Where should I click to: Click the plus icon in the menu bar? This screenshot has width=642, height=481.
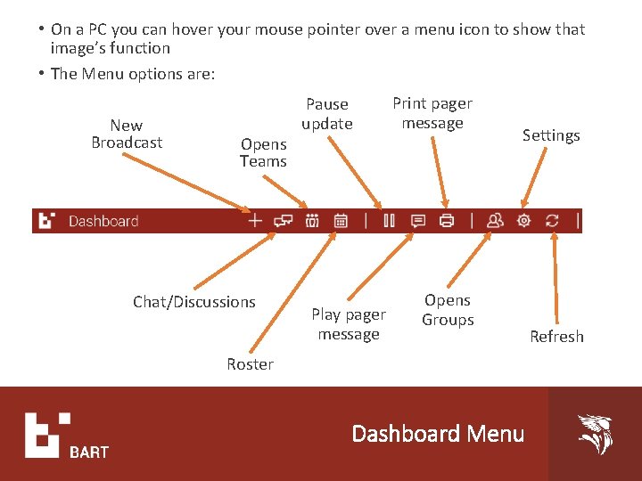tap(255, 221)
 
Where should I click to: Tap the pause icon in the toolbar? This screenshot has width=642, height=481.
tap(389, 221)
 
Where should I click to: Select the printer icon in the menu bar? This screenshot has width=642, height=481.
tap(448, 221)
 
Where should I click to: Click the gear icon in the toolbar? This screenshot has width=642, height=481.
tap(523, 221)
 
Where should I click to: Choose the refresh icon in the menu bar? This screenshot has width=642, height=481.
tap(553, 221)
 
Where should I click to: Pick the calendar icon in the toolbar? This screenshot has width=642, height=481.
tap(341, 221)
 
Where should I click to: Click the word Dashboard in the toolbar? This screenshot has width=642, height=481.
tap(103, 221)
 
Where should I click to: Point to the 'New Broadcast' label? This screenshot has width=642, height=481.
tap(127, 134)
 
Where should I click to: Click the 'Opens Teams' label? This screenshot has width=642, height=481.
tap(263, 152)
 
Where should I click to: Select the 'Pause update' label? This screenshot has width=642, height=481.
tap(327, 114)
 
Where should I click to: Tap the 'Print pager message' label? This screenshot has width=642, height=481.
tap(432, 113)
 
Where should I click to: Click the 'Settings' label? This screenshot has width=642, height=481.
tap(551, 135)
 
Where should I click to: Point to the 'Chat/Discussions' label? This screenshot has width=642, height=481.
tap(194, 302)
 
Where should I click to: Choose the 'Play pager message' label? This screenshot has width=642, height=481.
tap(349, 324)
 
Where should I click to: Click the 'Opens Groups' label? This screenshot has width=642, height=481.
tap(448, 310)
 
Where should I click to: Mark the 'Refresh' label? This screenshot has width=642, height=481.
tap(556, 337)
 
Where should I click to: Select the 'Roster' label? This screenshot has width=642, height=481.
tap(250, 363)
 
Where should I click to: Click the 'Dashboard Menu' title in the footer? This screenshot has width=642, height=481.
tap(438, 434)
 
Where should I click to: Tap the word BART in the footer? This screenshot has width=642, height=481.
tap(89, 452)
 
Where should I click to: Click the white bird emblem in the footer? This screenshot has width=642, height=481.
tap(596, 434)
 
